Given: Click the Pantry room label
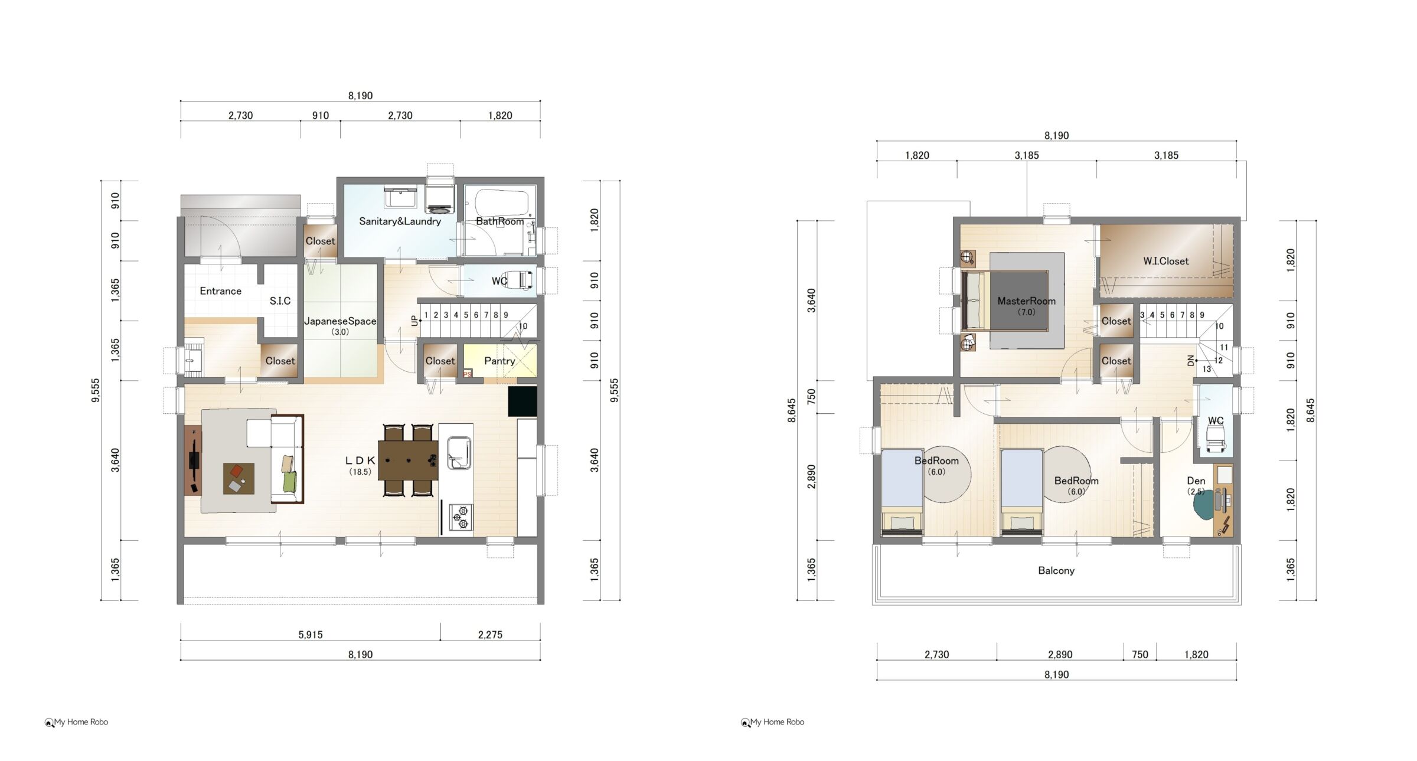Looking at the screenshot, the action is click(499, 361).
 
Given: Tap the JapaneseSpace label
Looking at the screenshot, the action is click(340, 321).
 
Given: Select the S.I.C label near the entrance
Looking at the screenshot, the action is click(280, 301).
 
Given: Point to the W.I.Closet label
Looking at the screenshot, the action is click(1165, 261).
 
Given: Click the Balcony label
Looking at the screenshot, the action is click(1056, 570).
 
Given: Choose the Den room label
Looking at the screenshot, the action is click(1196, 481).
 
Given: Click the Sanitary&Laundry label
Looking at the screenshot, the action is click(400, 221).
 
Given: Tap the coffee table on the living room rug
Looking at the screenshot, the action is click(239, 478).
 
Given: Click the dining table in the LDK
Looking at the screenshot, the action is click(408, 460).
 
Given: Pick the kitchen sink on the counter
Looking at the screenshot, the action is click(459, 452).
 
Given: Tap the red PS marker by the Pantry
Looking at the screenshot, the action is click(468, 374).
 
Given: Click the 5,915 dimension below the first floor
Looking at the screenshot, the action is click(310, 635).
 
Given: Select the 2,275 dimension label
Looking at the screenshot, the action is click(490, 635).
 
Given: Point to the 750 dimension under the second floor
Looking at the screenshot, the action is click(1140, 654).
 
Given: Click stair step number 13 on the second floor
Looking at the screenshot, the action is click(1206, 369).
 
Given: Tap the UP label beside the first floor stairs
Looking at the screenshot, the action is click(414, 321).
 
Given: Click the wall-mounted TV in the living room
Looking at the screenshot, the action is click(194, 460).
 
